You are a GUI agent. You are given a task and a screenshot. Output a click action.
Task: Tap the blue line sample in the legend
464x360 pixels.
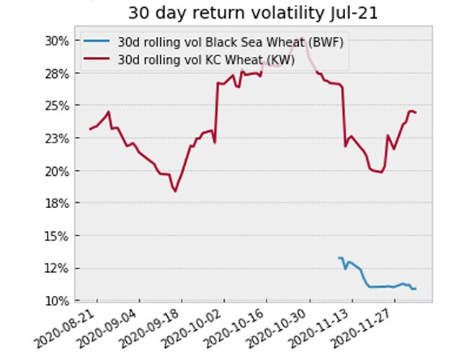click(x=97, y=43)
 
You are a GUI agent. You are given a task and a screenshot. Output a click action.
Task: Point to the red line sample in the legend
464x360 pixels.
click(x=97, y=60)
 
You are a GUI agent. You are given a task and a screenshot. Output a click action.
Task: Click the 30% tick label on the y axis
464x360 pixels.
click(x=57, y=41)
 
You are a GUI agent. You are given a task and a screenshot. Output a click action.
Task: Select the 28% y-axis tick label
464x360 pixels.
click(x=57, y=73)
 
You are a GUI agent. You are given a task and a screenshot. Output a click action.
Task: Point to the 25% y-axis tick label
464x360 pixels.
click(x=57, y=106)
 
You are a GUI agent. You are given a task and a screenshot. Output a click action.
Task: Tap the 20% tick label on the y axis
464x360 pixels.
click(x=57, y=171)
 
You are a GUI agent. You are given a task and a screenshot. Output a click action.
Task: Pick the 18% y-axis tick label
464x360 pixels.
click(x=57, y=204)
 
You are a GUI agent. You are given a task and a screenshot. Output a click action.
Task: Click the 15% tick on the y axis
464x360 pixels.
click(x=57, y=236)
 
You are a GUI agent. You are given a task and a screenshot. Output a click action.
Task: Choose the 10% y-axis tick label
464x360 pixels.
click(x=57, y=300)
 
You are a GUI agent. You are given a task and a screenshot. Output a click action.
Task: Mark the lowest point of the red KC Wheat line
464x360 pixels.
click(x=174, y=191)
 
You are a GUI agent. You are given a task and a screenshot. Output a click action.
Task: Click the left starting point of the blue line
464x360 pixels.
click(x=339, y=258)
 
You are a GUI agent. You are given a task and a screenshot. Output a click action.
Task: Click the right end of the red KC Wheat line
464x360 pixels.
click(x=416, y=113)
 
